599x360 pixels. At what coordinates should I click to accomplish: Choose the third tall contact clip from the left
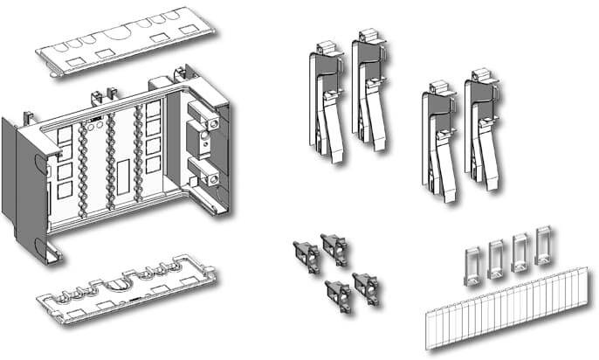[437, 140]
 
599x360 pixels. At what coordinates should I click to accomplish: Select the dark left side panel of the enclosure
[15, 175]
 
